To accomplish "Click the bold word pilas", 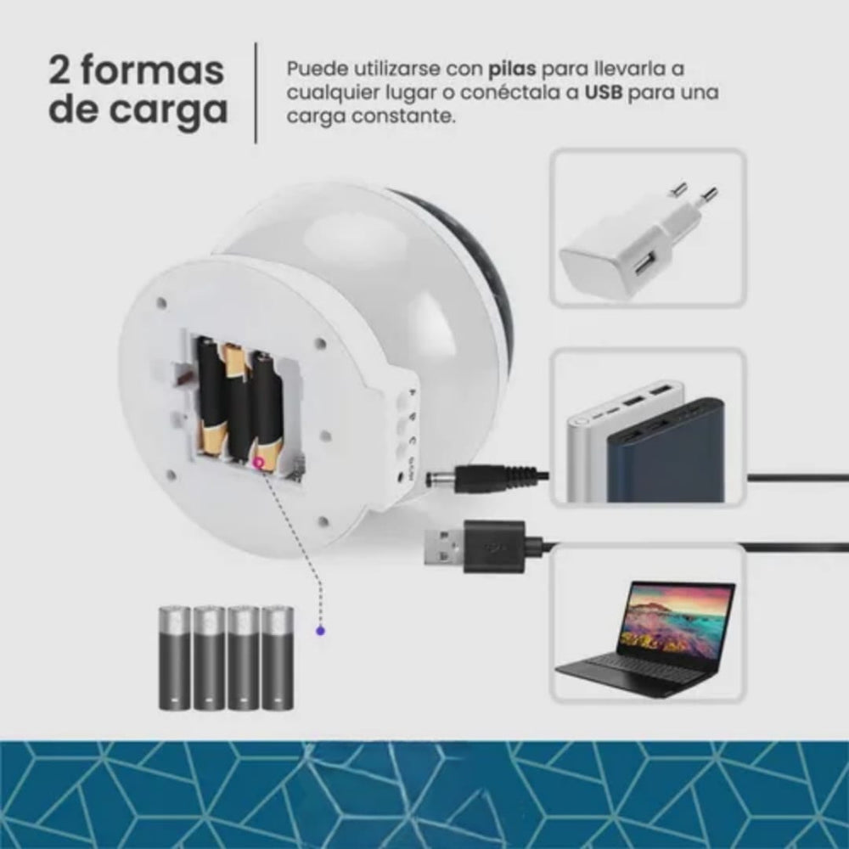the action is [x=512, y=70].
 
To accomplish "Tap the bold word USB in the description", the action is [x=604, y=93].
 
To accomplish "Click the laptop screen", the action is [x=676, y=619].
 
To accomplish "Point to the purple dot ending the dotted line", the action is [x=321, y=631].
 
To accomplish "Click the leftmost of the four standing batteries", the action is [x=174, y=657].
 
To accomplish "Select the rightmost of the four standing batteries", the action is [x=278, y=657].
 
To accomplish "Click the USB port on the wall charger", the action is [x=644, y=266].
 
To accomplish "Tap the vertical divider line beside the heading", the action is [x=256, y=93].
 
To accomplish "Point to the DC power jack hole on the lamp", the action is [x=400, y=477].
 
